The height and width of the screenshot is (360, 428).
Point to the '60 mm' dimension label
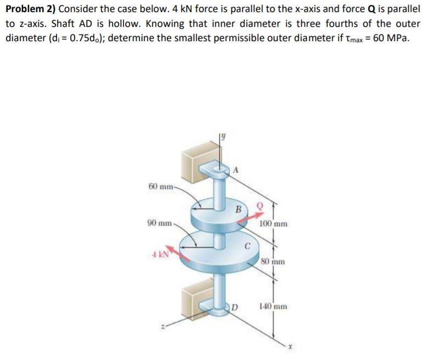click(161, 187)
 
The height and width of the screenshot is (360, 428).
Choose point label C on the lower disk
click(248, 246)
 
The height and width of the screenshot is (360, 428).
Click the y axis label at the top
click(223, 135)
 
